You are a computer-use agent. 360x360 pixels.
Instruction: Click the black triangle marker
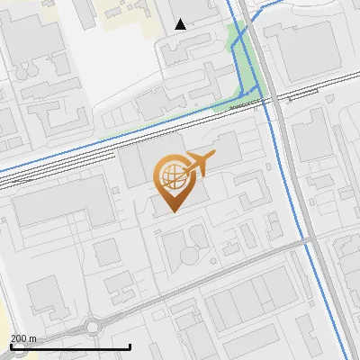pos(181,24)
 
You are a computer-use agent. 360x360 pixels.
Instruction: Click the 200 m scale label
pos(22,338)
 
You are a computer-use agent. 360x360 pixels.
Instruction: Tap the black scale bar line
pos(70,346)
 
